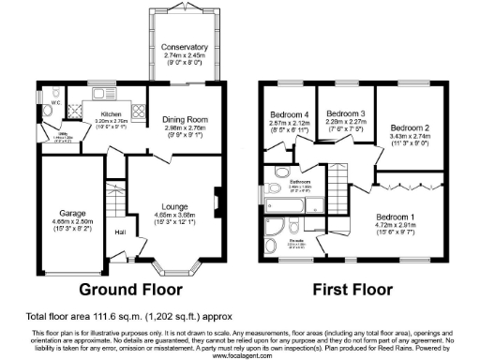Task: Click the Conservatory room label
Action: (x=183, y=47)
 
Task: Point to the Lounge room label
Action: (x=175, y=206)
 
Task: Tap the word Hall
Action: (x=120, y=232)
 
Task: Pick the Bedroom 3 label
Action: (x=345, y=112)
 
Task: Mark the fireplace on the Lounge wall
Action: (x=217, y=199)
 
